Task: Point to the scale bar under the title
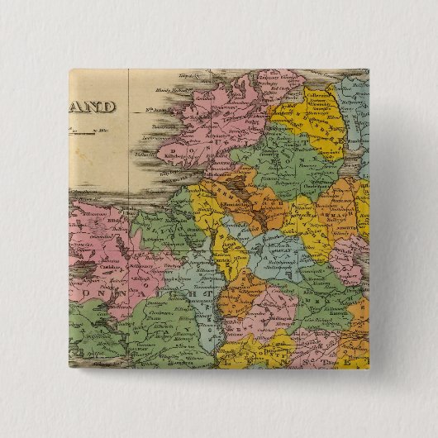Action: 91,128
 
